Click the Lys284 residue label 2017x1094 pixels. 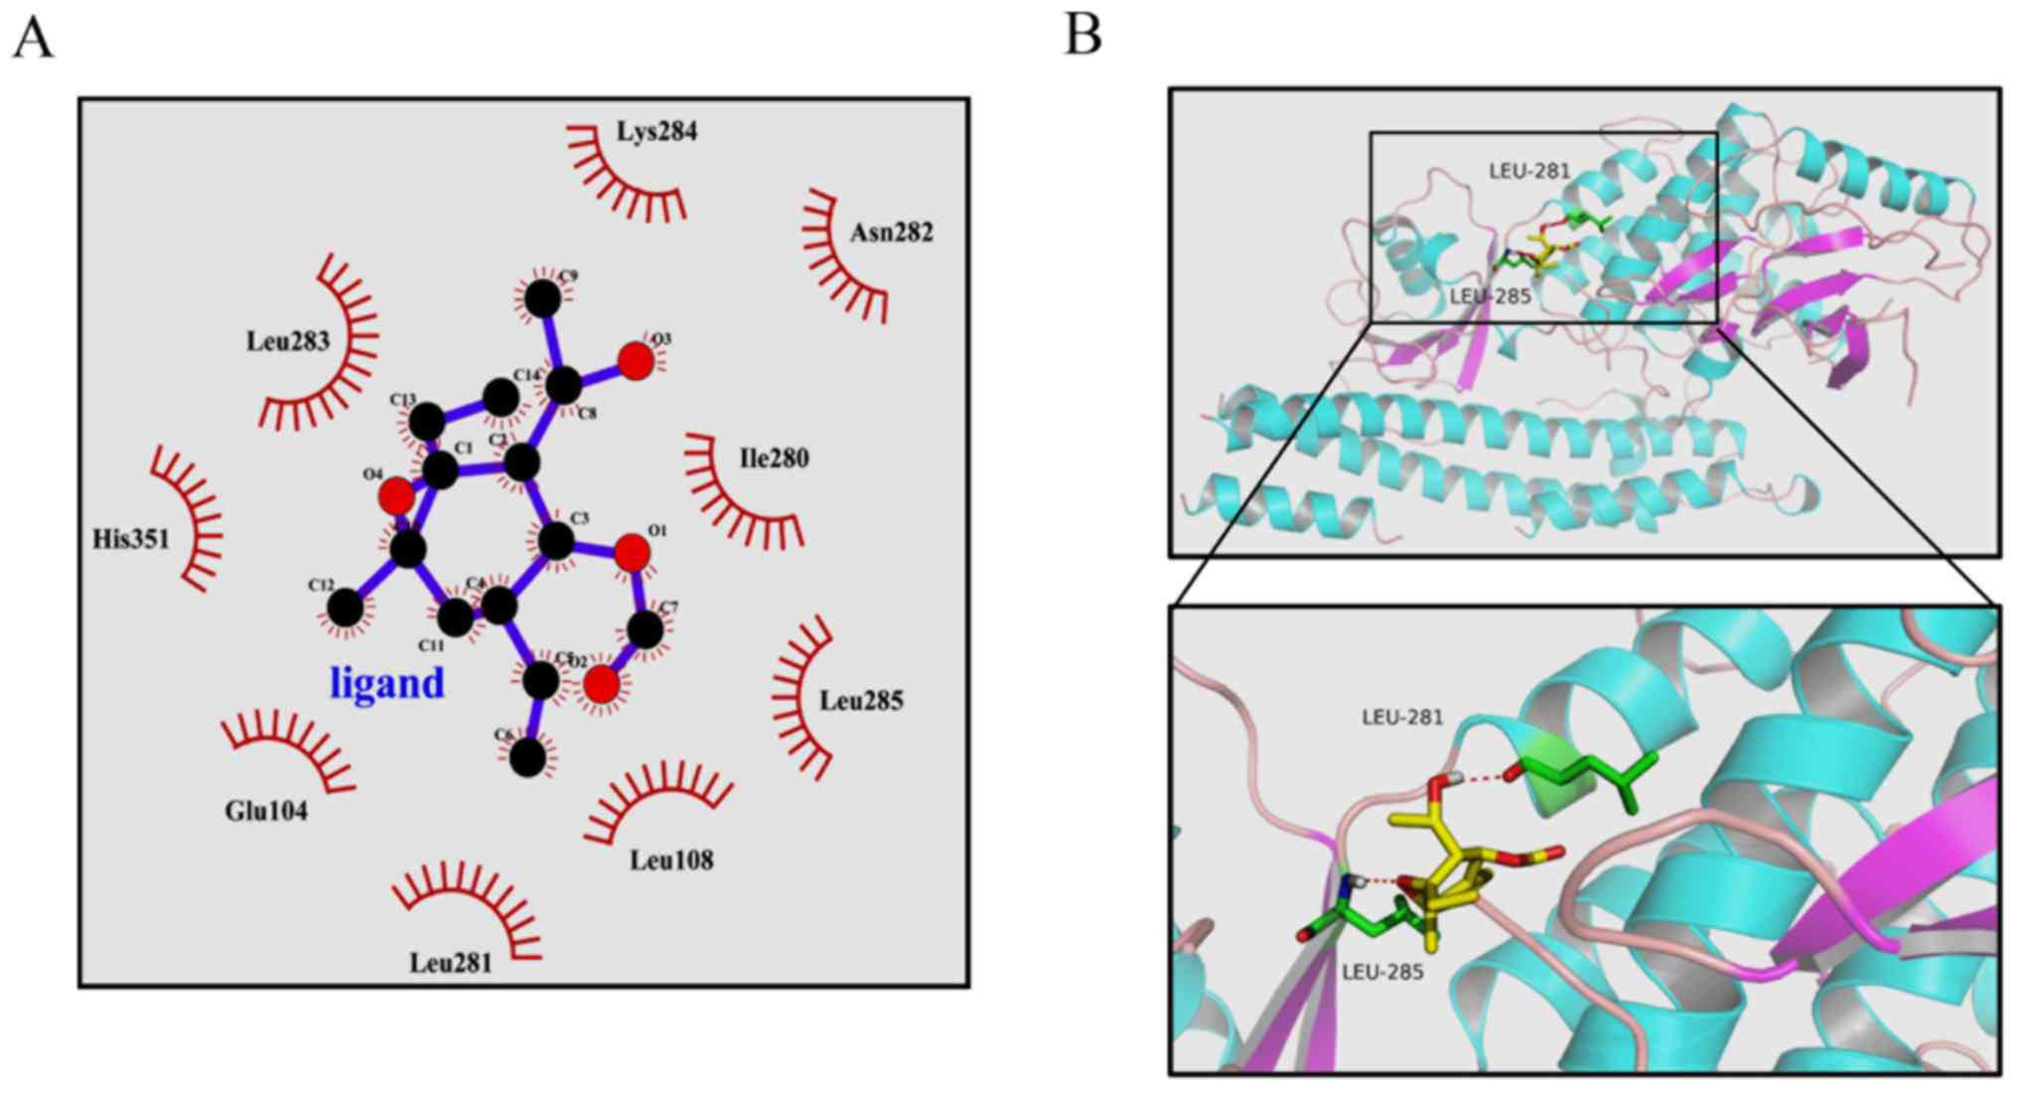656,131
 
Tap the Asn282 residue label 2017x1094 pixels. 891,232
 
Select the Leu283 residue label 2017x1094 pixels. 288,342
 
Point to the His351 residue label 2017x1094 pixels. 131,539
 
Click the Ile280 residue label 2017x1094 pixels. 774,459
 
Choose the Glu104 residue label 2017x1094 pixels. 266,811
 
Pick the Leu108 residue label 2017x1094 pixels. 671,860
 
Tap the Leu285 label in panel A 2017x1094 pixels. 861,701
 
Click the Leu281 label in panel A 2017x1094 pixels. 451,963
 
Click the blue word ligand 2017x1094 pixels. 386,683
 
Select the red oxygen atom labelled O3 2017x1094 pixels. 636,361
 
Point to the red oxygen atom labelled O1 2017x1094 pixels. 633,553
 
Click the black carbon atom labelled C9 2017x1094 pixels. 542,298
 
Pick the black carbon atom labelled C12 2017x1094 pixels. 346,608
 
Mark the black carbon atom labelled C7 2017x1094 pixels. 646,629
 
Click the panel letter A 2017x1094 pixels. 33,40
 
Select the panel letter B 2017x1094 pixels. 1082,36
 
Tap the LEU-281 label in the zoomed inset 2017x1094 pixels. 1402,717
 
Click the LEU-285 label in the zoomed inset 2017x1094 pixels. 1382,972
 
